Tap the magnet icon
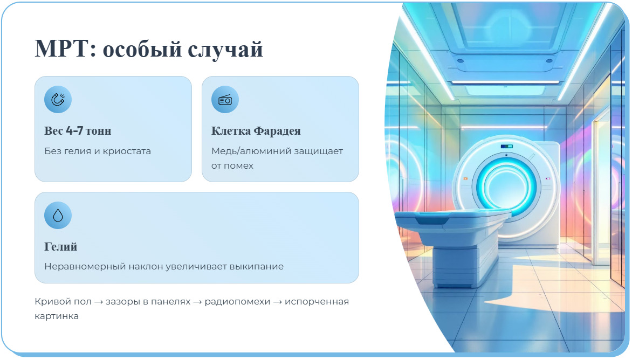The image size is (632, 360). (x=58, y=100)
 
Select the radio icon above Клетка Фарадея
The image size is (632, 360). (x=225, y=100)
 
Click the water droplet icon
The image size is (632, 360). (x=58, y=216)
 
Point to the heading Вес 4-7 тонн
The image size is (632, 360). (x=78, y=131)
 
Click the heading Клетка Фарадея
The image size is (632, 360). (x=256, y=131)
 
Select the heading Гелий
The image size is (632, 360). (x=60, y=247)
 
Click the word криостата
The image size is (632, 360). (x=129, y=151)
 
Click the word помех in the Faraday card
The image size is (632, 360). (x=240, y=165)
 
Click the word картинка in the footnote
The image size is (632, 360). (x=57, y=316)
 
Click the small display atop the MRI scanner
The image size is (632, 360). (x=506, y=146)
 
